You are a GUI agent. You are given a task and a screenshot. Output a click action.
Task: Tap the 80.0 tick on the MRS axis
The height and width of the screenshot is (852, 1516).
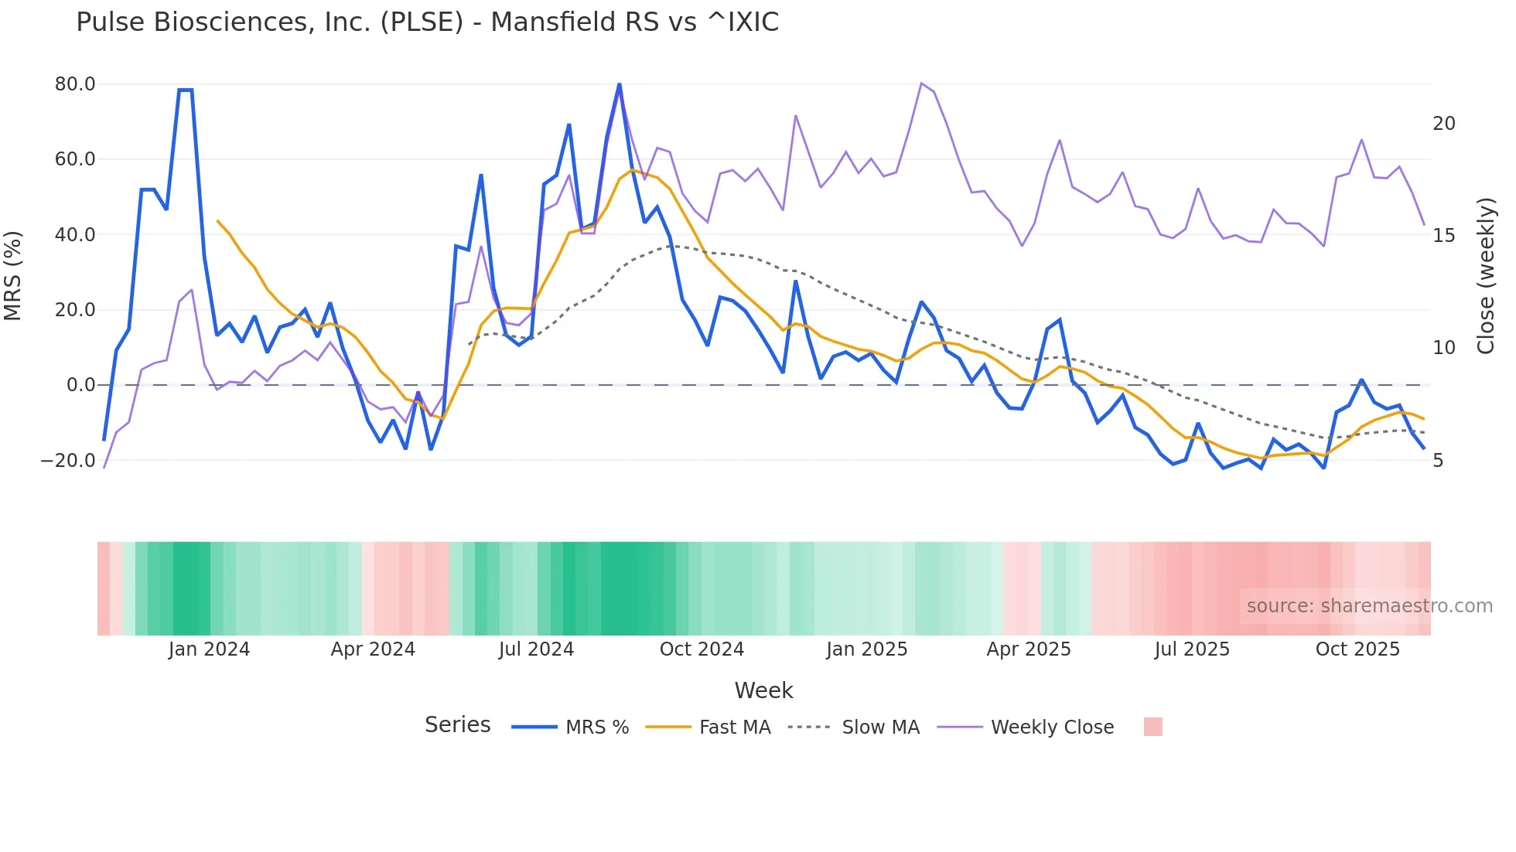75,84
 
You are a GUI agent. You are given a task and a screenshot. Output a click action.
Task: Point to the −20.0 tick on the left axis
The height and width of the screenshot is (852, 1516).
68,461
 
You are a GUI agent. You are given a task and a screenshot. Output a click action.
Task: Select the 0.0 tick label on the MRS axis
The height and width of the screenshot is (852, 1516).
80,385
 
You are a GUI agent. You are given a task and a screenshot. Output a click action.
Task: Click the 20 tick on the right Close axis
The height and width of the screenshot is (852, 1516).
1443,124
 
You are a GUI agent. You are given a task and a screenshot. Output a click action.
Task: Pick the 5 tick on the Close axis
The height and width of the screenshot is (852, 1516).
1438,461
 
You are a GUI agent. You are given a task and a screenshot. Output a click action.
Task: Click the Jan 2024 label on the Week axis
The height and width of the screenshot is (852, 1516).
209,649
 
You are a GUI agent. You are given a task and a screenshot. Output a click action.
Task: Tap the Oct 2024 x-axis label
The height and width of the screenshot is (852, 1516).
702,649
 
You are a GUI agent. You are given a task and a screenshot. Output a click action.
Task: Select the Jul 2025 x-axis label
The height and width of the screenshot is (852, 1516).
1192,649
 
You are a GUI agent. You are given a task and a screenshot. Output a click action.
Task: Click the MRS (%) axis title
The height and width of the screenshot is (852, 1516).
13,276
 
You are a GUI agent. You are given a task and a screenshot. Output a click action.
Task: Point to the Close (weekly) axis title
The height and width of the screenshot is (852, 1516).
1486,276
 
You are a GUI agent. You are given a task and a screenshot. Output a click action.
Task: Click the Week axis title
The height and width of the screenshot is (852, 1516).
763,690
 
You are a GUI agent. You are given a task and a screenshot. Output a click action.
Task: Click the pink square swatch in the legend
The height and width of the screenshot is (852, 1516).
1152,727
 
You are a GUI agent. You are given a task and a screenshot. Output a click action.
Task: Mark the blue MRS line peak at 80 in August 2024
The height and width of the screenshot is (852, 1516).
620,84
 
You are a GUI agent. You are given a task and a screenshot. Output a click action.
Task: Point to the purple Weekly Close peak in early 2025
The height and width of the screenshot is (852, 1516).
921,83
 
